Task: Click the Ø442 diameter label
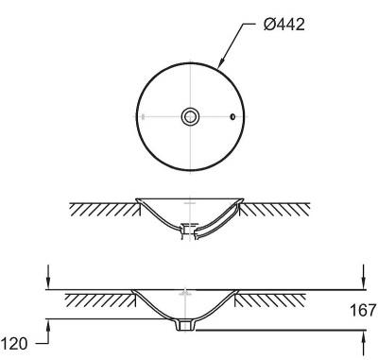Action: [284, 25]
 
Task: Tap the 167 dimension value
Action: [363, 310]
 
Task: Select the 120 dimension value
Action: [14, 343]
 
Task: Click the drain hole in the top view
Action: [190, 116]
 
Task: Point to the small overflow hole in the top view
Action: [232, 117]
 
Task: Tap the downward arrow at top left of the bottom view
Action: [47, 277]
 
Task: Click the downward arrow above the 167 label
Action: [364, 277]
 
